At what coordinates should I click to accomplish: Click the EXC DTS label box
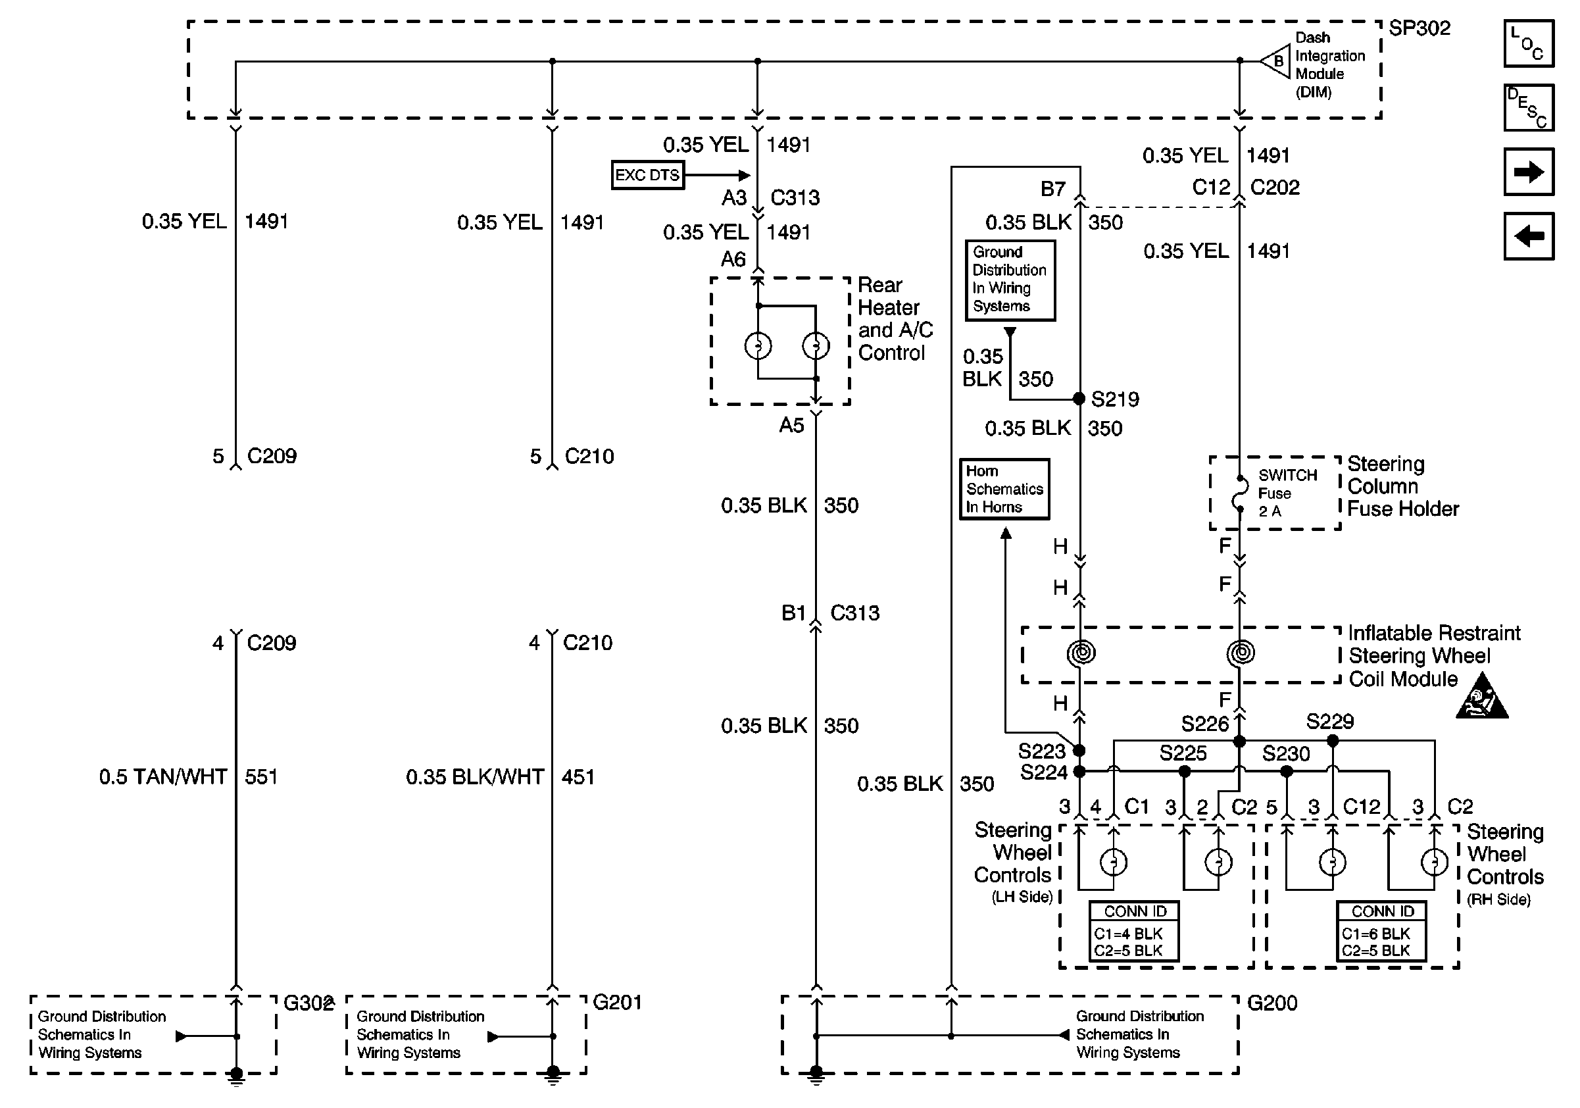(x=647, y=175)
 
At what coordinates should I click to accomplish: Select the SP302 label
(x=1419, y=28)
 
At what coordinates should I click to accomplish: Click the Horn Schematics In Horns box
(x=1004, y=489)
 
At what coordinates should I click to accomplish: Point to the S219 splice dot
(x=1079, y=399)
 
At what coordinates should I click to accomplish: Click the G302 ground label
(x=308, y=1003)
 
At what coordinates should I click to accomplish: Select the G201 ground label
(x=616, y=1002)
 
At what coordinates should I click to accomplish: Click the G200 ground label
(x=1271, y=1003)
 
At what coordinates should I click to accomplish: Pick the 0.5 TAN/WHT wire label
(x=162, y=776)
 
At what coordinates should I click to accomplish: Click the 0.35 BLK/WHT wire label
(x=474, y=776)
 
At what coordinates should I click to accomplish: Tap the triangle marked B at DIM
(x=1275, y=61)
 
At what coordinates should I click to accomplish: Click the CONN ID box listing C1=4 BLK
(x=1134, y=931)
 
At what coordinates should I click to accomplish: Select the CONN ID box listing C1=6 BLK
(x=1381, y=931)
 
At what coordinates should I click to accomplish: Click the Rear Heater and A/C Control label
(x=895, y=318)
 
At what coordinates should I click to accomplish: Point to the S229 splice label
(x=1329, y=721)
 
